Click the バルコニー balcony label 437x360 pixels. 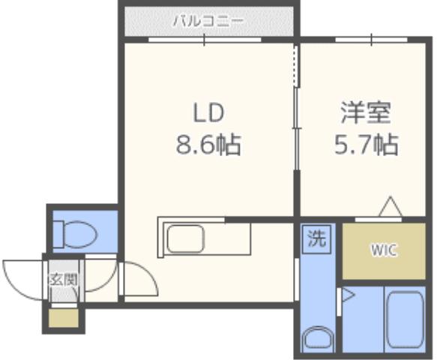tap(208, 20)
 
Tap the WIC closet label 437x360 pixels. tap(382, 250)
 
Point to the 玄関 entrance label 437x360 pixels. tap(63, 280)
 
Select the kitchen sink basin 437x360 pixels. tap(184, 240)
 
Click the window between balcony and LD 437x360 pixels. tap(202, 39)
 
